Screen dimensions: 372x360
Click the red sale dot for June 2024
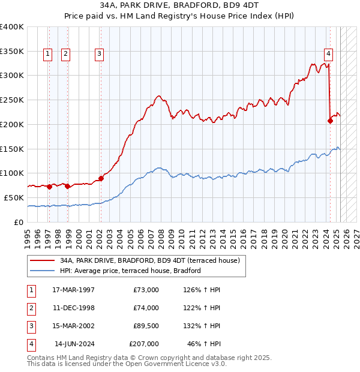click(x=330, y=121)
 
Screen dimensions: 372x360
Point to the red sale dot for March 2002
click(x=101, y=178)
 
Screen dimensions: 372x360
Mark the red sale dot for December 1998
click(x=68, y=186)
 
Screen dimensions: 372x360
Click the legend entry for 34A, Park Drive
click(x=149, y=260)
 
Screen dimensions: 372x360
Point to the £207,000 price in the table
click(x=144, y=344)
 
